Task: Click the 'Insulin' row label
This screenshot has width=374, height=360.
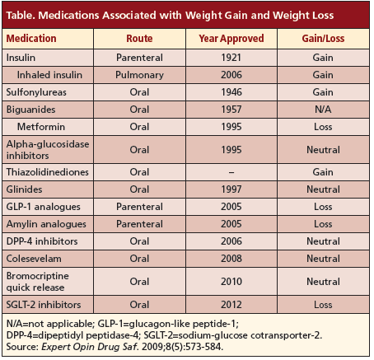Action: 21,58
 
